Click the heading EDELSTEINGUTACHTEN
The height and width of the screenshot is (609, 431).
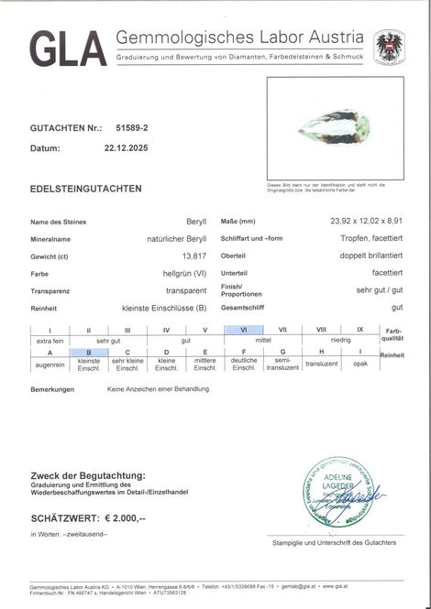(86, 189)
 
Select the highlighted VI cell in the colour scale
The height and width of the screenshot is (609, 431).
(244, 330)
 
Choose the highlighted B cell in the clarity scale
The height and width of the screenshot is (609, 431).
(89, 352)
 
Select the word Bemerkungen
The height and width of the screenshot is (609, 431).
(52, 389)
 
